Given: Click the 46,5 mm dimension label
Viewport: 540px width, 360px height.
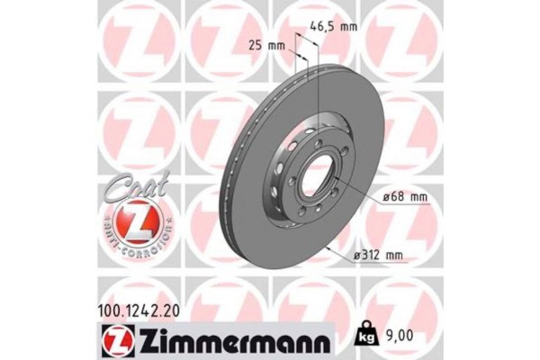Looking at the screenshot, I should click(x=334, y=27).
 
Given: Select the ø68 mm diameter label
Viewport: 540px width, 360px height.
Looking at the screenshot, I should click(x=395, y=200).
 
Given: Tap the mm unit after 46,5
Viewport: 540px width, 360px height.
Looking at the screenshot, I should click(x=348, y=27).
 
